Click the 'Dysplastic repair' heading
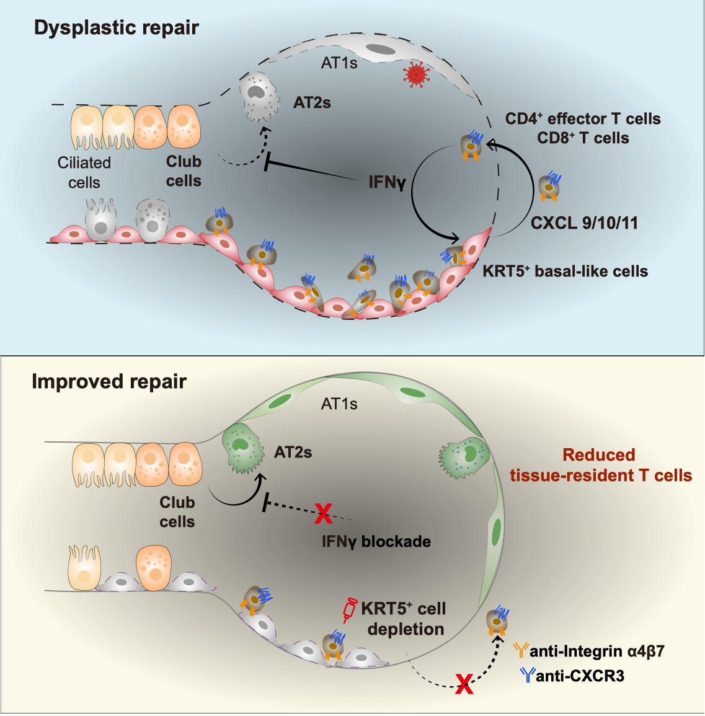(117, 28)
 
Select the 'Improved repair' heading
(109, 381)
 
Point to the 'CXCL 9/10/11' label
(584, 223)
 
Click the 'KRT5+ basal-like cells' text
(565, 271)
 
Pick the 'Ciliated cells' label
(84, 172)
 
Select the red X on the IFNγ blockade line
(323, 512)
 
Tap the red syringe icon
(351, 609)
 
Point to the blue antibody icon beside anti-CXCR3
(528, 674)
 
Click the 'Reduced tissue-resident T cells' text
(600, 465)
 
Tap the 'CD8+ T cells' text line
(583, 138)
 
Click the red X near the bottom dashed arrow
(463, 684)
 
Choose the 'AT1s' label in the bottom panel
(339, 404)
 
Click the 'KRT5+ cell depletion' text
(404, 619)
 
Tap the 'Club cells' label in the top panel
(184, 171)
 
